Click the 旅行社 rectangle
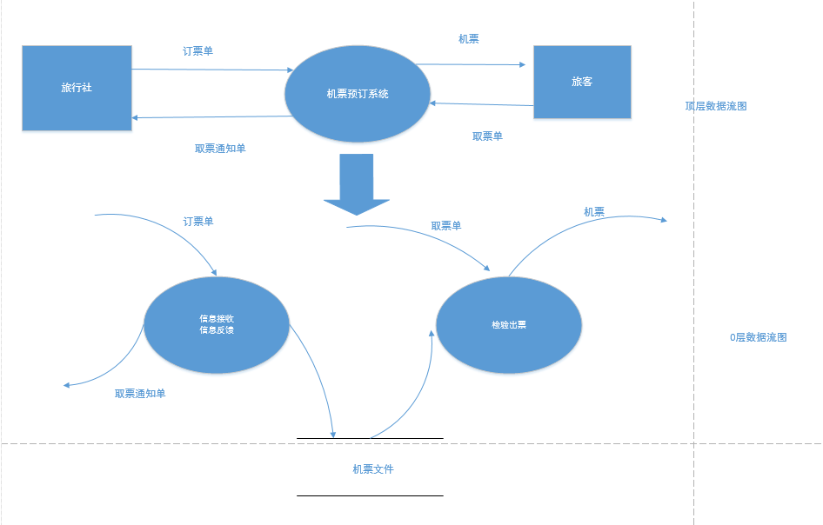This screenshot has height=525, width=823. pos(77,88)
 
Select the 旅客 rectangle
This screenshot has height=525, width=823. pos(581,82)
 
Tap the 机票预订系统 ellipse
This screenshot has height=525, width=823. pos(358,94)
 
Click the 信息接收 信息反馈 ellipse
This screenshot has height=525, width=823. pos(216,324)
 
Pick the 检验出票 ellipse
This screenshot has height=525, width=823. pos(508,325)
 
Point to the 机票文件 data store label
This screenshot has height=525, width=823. pos(372,469)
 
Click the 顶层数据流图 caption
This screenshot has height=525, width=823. pos(716,106)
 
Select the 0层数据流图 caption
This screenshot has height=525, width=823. pos(758,337)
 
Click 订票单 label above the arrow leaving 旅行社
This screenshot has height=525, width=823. pos(197,51)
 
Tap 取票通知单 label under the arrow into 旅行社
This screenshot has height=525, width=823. pos(220,149)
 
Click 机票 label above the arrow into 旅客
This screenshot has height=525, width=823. pos(468,39)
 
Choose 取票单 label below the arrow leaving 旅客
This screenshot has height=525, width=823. pos(487,136)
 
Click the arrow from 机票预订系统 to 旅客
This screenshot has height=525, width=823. pos(474,64)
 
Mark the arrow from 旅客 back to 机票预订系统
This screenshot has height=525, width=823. pos(483,104)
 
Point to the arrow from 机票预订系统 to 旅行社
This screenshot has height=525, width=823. pos(209,117)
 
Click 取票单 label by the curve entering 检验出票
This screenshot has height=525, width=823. pos(445,226)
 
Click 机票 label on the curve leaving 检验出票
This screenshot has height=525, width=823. pos(594,211)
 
